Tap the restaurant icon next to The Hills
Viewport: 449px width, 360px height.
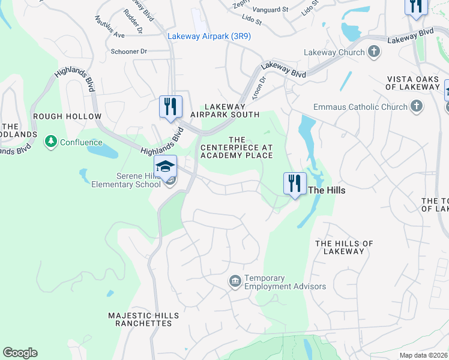coord(295,183)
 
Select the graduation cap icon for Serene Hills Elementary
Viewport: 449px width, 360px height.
coord(165,166)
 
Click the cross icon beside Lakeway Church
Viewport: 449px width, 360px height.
coord(374,52)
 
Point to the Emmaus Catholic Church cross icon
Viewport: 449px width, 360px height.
coord(416,107)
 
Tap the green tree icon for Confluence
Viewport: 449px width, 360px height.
coord(51,142)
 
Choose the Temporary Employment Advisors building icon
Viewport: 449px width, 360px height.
coord(235,281)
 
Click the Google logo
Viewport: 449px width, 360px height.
coord(20,353)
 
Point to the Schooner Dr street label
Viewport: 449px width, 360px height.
coord(129,52)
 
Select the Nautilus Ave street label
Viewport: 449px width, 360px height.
coord(109,28)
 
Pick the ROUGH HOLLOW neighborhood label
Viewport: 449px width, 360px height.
coord(67,116)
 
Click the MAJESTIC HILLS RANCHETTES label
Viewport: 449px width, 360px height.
coord(143,319)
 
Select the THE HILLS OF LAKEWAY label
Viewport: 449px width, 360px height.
coord(344,247)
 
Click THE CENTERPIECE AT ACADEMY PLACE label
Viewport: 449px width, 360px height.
coord(237,148)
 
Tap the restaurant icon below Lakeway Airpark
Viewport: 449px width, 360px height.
coord(170,107)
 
